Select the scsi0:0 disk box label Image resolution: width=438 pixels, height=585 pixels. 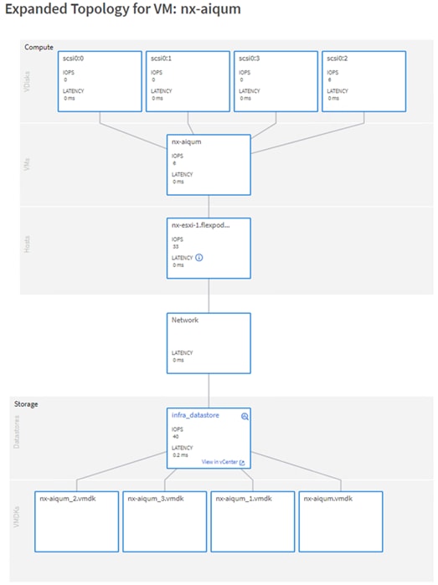pos(74,59)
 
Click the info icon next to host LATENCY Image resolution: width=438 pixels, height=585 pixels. pos(198,258)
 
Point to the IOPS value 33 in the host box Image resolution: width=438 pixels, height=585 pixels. pos(175,247)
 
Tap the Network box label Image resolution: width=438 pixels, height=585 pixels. pos(185,320)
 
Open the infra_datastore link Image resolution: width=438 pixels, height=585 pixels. pos(195,415)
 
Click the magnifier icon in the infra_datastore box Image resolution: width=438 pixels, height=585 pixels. pos(245,416)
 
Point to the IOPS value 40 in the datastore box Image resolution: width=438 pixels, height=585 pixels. pos(175,436)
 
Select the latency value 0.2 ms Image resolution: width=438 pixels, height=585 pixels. pos(178,457)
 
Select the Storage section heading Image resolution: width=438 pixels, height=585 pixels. pos(26,403)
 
